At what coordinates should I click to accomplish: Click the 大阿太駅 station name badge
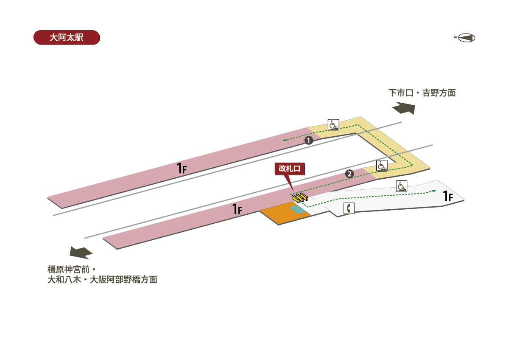coord(67,37)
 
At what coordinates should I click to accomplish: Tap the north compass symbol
coord(465,38)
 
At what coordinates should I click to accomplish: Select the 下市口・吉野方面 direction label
coord(422,93)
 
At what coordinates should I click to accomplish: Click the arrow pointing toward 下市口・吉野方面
coord(404,108)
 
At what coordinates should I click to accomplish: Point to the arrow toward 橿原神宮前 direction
coord(81,253)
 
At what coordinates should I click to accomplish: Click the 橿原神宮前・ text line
coord(72,270)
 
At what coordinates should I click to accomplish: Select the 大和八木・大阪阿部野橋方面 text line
coord(102,280)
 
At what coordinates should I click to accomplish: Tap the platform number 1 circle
coord(309,141)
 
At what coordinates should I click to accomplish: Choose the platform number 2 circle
coord(350,174)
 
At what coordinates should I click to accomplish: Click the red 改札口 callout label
coord(290,169)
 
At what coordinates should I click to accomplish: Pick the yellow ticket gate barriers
coord(300,197)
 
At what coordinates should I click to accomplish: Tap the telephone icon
coord(349,208)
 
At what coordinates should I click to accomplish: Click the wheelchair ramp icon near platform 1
coord(333,125)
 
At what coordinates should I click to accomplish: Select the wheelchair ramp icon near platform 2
coord(382,166)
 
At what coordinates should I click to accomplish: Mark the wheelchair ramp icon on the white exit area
coord(402,186)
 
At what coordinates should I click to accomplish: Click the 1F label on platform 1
coord(182,168)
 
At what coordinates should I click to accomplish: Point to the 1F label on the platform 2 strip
coord(237,209)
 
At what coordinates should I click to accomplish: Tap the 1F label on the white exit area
coord(448,196)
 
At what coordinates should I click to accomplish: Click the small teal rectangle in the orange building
coord(298,210)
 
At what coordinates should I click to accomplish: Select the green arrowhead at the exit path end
coord(434,191)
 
